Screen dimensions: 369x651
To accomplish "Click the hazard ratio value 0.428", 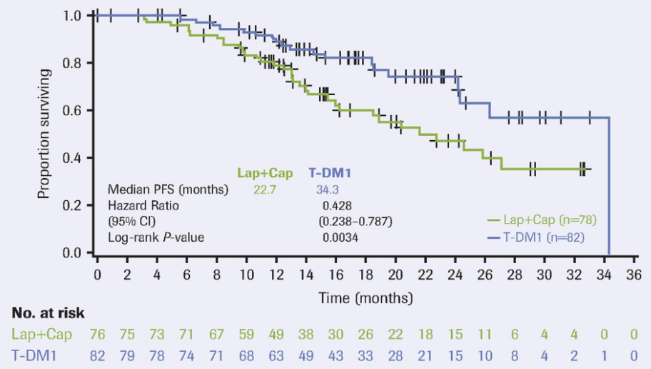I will point(338,205).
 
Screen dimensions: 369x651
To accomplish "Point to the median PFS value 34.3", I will point(328,190).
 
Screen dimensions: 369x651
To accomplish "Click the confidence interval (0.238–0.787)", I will point(355,221).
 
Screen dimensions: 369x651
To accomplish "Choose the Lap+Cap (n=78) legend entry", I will point(540,220).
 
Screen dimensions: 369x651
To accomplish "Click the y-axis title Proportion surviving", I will point(44,133).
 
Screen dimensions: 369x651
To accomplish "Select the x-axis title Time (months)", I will point(366,296).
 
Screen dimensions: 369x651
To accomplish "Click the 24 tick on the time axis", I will point(455,274).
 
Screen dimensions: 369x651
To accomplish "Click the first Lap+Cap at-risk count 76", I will point(98,334).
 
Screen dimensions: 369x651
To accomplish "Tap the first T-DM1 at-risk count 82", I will point(98,355).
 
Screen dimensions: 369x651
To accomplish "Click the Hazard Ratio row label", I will point(143,205).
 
